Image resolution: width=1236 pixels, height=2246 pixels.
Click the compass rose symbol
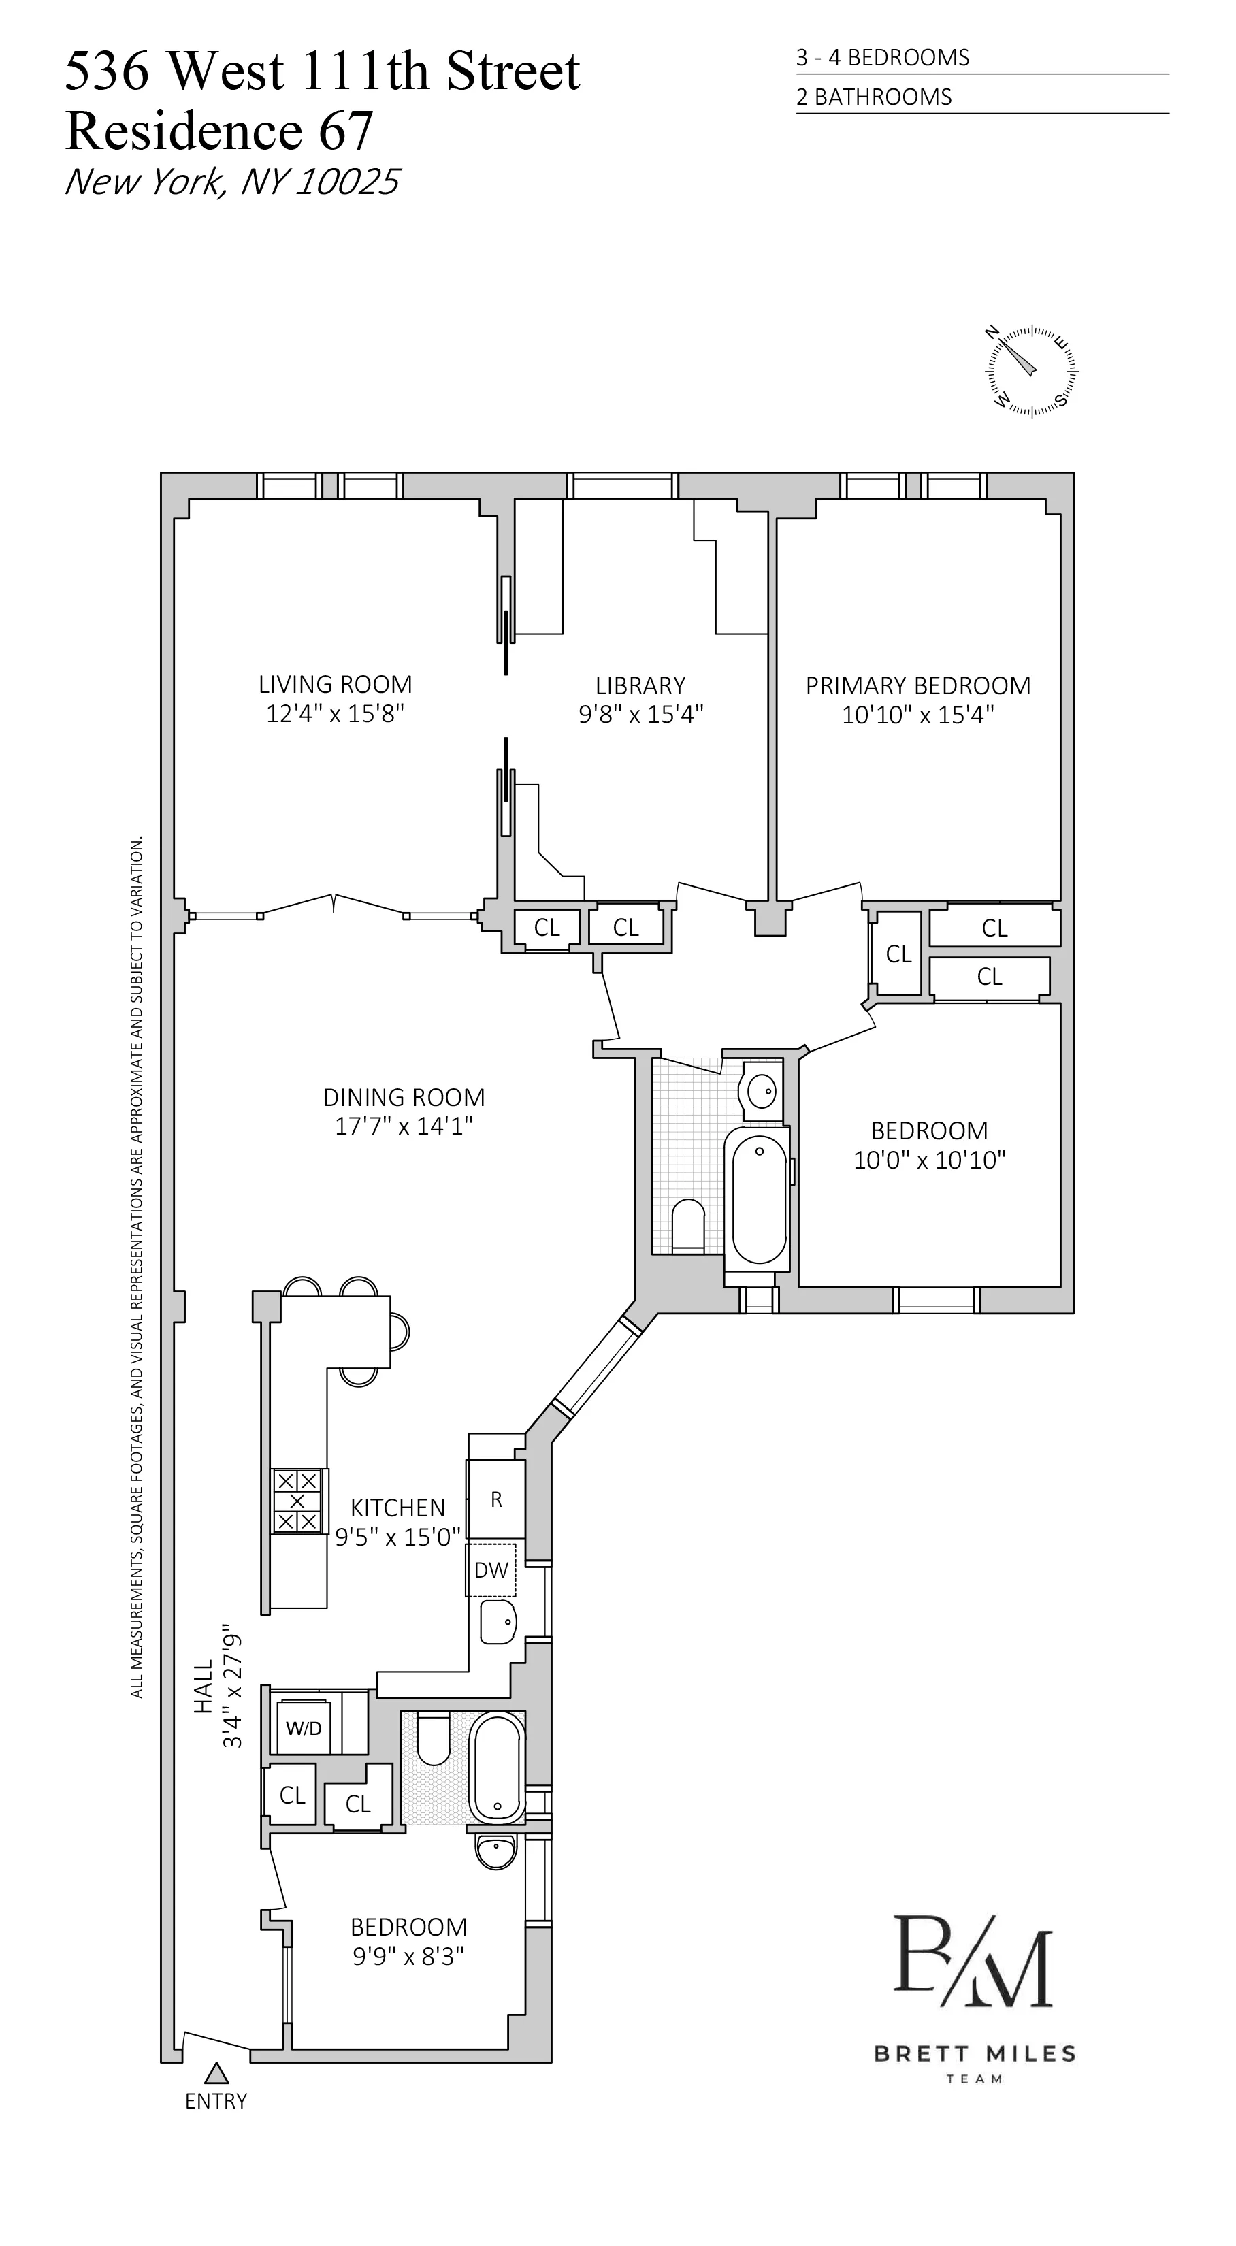(1032, 370)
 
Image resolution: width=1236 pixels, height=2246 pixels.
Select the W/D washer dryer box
(304, 1728)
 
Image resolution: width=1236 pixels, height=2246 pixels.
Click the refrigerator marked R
(496, 1499)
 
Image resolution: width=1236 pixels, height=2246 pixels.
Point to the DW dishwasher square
(491, 1569)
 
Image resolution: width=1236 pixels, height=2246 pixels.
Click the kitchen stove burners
(297, 1501)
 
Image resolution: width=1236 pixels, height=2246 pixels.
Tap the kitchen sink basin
(498, 1622)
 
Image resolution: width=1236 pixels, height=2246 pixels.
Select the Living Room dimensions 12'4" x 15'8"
(335, 714)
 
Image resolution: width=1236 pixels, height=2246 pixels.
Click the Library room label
(640, 685)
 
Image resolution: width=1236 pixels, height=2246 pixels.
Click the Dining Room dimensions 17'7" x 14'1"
(404, 1126)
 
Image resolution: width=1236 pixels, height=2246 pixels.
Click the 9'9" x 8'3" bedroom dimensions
(408, 1955)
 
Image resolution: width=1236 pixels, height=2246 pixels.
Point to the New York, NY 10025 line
(232, 181)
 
